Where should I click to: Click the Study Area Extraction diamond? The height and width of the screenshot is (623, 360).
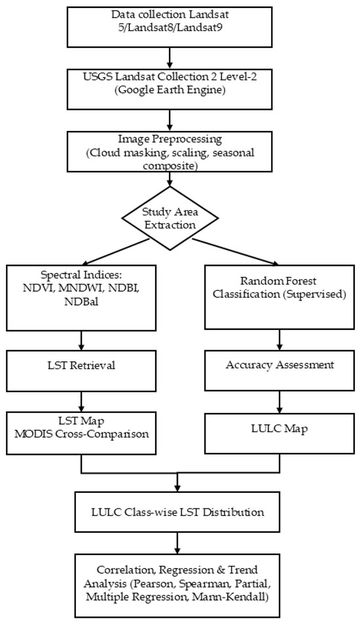(170, 219)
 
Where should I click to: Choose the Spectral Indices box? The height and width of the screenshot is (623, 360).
(81, 298)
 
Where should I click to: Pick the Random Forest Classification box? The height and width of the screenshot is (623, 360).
(279, 296)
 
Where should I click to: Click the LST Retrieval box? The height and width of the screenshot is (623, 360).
(81, 371)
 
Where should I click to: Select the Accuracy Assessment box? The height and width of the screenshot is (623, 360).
(279, 370)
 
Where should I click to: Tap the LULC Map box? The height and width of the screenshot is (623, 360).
(279, 433)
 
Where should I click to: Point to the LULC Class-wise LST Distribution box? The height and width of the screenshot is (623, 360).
(177, 512)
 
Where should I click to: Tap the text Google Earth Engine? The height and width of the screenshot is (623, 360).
(170, 90)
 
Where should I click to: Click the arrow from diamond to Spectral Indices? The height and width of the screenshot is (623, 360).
(116, 253)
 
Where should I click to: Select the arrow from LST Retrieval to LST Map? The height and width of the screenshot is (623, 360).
(81, 401)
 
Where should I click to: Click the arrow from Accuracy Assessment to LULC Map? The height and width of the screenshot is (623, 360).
(279, 402)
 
